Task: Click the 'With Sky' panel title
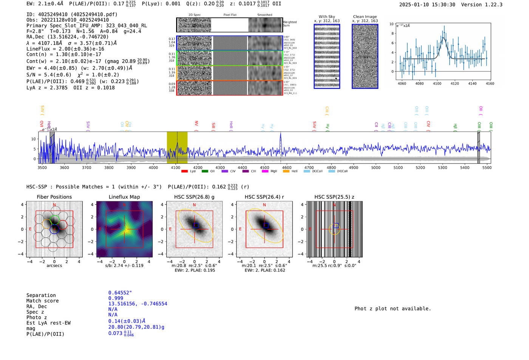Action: point(327,17)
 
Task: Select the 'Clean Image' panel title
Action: point(365,17)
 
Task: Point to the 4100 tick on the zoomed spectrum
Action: point(437,83)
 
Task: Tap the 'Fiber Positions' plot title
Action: point(54,197)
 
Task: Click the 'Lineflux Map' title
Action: point(124,197)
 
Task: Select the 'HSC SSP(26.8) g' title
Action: point(194,197)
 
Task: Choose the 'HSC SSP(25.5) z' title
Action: point(334,197)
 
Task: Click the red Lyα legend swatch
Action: point(184,172)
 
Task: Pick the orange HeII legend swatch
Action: point(286,172)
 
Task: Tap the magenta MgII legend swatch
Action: point(265,172)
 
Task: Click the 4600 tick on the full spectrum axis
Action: point(287,167)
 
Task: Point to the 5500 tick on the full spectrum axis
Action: point(487,167)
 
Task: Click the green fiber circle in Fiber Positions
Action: point(55,219)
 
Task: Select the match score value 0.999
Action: point(116,298)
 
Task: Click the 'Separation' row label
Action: point(41,295)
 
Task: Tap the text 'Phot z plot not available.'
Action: point(393,309)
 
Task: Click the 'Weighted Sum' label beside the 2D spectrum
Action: point(290,24)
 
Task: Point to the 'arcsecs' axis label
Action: point(54,266)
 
